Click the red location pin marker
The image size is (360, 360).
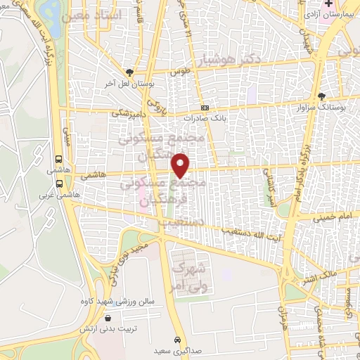pos(181,165)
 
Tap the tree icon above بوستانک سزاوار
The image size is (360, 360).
pos(322,96)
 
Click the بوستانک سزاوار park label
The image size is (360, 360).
pos(322,107)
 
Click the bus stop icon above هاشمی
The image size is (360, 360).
pos(56,159)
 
